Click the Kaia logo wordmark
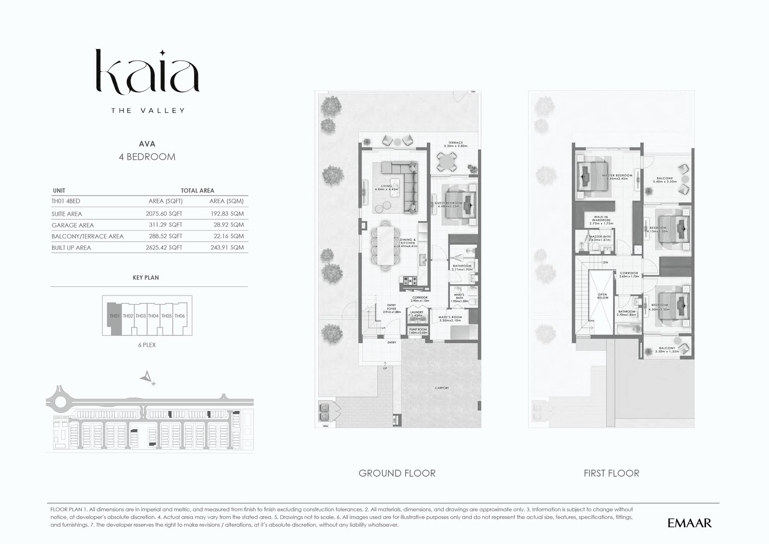click(147, 72)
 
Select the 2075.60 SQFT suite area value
click(164, 214)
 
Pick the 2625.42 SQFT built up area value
click(164, 248)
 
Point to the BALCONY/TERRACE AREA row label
click(87, 236)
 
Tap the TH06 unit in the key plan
click(180, 316)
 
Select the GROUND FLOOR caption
click(397, 473)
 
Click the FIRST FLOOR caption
click(611, 473)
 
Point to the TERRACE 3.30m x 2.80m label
click(455, 144)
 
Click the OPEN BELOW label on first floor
click(602, 296)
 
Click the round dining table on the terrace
click(447, 162)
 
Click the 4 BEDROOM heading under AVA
click(147, 157)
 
